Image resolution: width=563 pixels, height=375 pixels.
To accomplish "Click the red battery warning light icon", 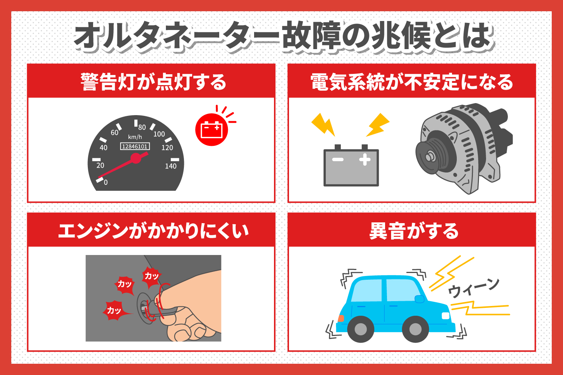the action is click(x=212, y=130).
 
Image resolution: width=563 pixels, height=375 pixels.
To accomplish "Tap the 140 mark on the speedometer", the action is click(x=171, y=166).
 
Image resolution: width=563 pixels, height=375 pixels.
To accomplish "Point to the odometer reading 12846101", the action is click(x=135, y=146).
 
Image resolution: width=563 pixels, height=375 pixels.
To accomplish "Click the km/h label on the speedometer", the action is click(x=135, y=137).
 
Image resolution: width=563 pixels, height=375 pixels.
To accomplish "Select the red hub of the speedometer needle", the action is click(x=136, y=158).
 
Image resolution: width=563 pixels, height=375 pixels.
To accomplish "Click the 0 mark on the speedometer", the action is click(x=105, y=182).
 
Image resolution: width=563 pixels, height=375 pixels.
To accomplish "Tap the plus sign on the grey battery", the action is click(x=365, y=159).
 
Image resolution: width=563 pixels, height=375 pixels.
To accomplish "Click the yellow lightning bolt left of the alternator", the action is click(x=378, y=125).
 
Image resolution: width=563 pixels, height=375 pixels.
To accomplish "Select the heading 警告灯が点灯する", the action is click(x=154, y=82).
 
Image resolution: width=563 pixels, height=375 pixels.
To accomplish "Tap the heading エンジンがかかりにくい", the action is click(x=153, y=231).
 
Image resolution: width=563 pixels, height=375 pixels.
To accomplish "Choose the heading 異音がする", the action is click(x=414, y=231).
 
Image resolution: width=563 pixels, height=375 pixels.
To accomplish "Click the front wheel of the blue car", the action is click(x=415, y=329).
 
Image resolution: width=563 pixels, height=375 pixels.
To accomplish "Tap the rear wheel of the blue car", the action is click(x=361, y=329).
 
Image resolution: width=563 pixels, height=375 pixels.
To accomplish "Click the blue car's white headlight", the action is click(x=446, y=316).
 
